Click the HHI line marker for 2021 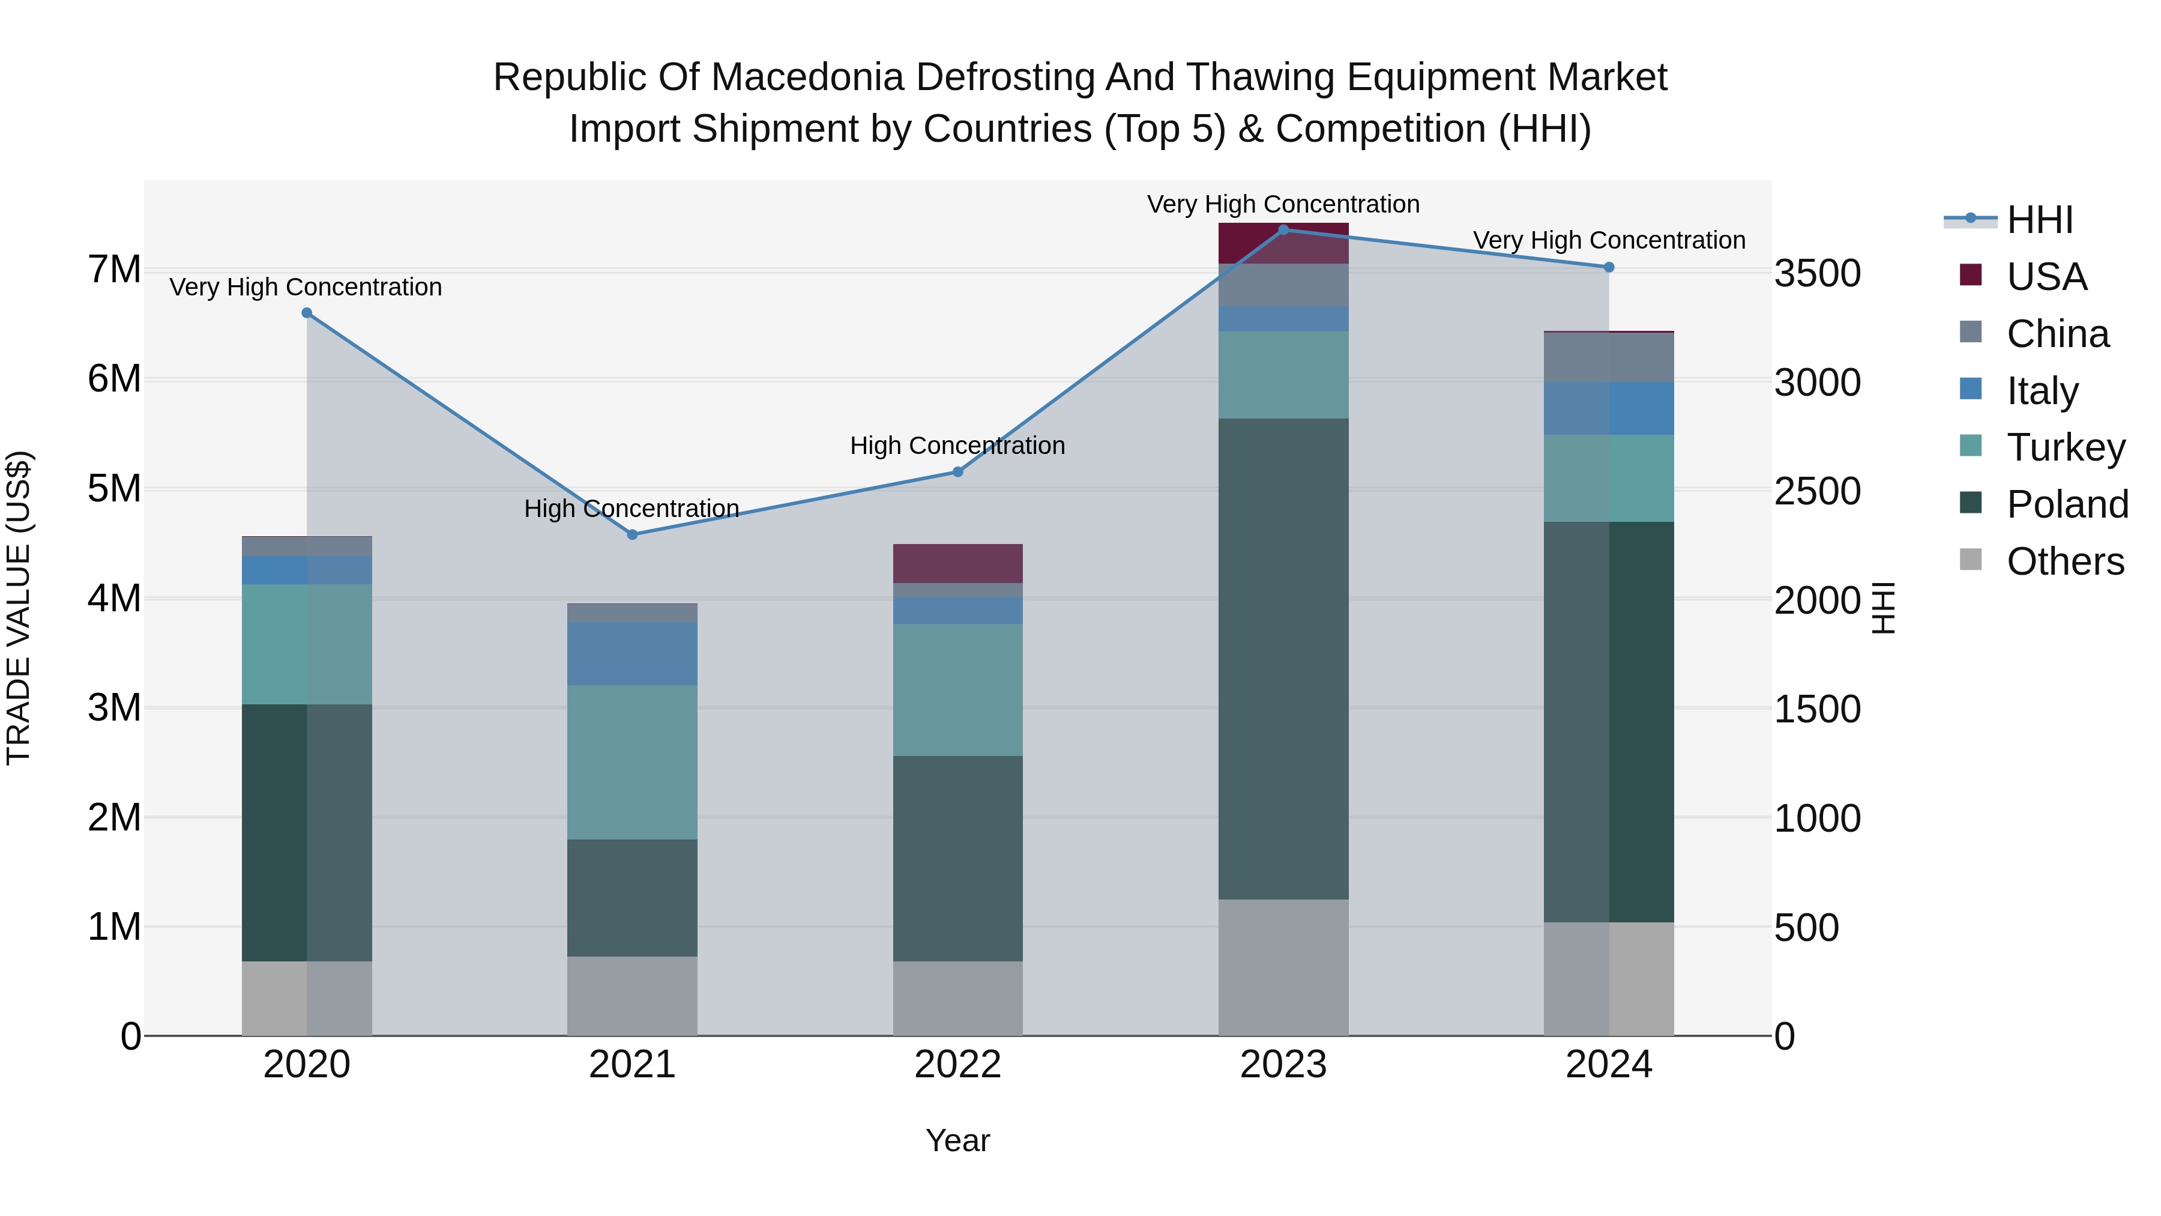633,534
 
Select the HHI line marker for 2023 1283,229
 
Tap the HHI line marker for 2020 307,313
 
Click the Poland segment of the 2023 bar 1283,659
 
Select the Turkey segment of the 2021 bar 633,762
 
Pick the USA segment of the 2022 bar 958,563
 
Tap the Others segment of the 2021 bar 633,996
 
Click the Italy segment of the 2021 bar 633,653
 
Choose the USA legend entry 2047,277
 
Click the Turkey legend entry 2066,447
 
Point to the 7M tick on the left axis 114,270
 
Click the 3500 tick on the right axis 1817,274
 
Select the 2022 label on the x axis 958,1065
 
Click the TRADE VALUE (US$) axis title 19,608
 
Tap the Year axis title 958,1140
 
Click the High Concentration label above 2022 957,445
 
